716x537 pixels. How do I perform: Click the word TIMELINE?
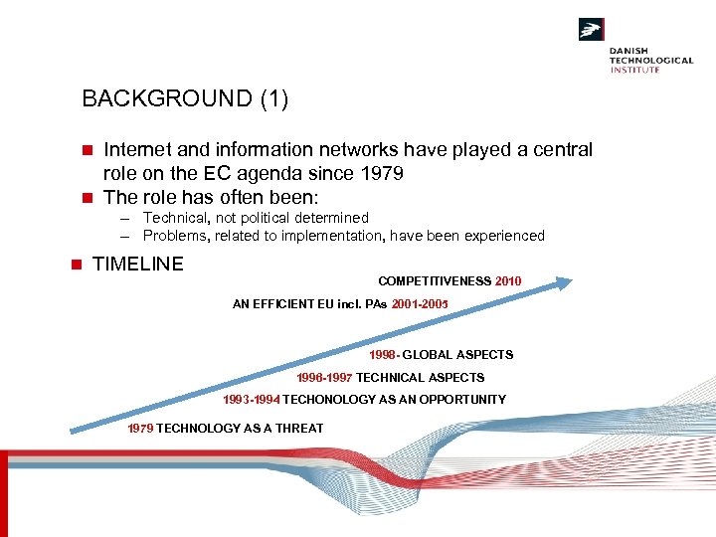click(137, 264)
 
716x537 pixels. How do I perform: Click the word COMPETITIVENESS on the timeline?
click(434, 281)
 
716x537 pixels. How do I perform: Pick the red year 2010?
click(508, 281)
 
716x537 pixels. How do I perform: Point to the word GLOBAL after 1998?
click(429, 355)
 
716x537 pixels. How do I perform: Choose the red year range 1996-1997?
click(324, 378)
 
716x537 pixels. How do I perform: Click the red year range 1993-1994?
click(251, 400)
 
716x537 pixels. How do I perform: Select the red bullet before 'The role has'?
click(87, 197)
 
